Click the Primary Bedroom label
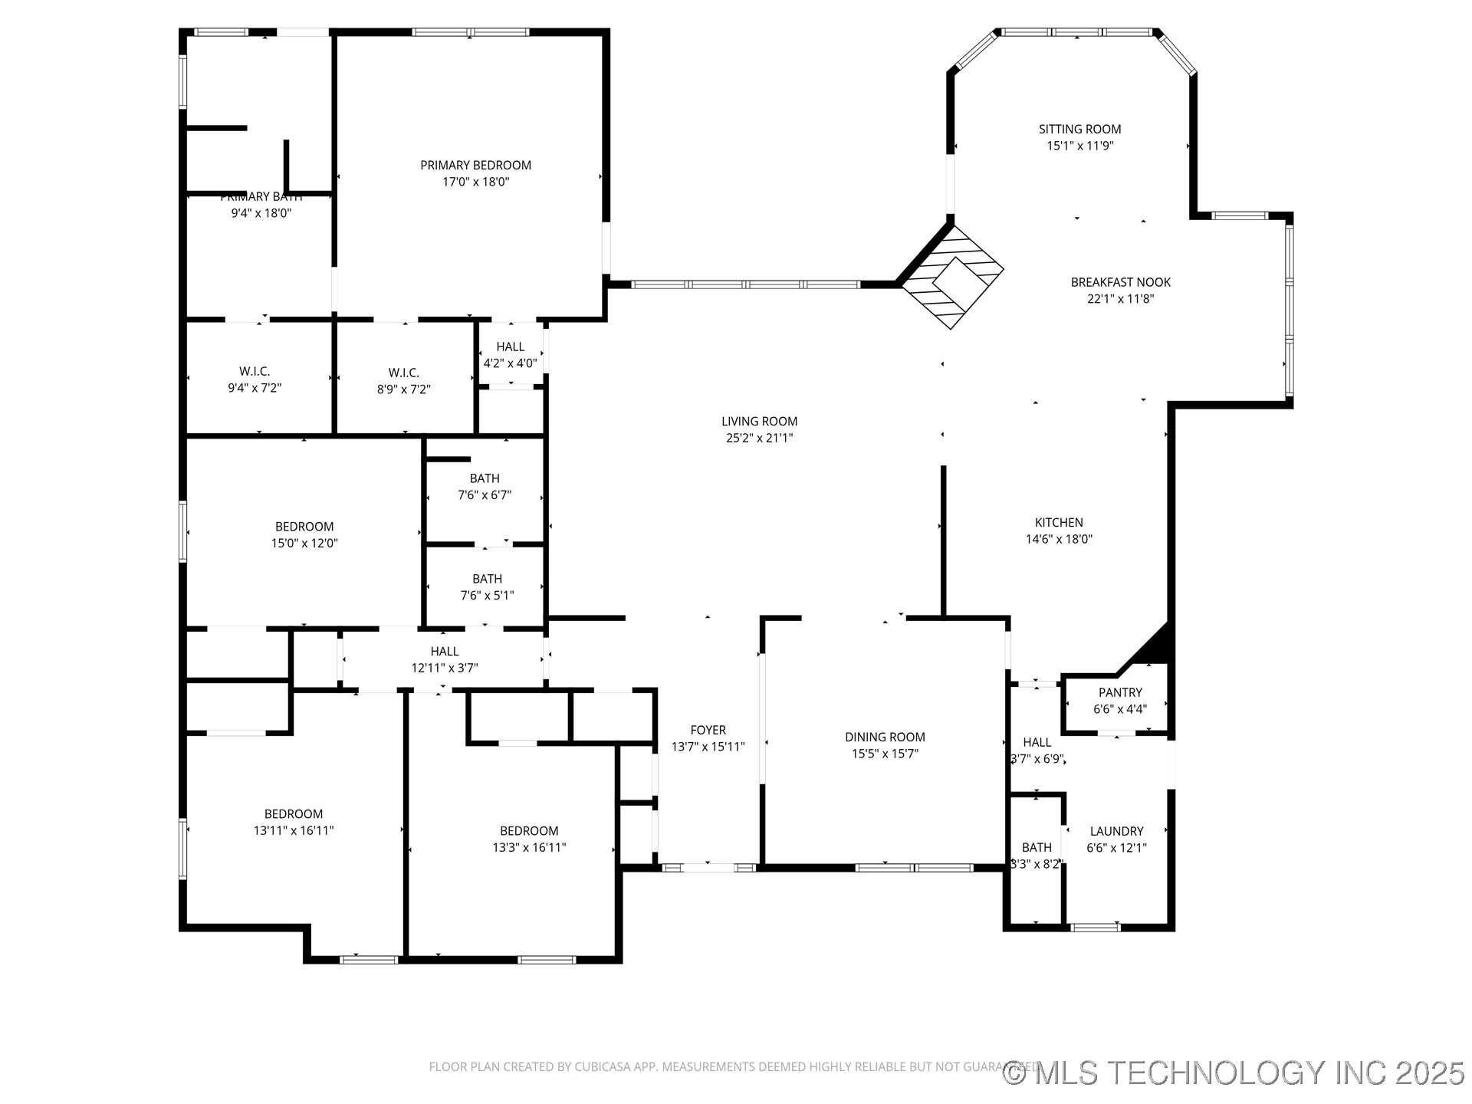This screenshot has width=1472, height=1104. [475, 166]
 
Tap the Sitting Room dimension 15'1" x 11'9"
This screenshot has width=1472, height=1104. [1079, 146]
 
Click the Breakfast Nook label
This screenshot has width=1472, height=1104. [1120, 282]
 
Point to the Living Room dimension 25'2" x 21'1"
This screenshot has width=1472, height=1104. [759, 438]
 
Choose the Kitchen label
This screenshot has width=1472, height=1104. [1059, 522]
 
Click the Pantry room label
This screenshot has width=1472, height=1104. [1119, 692]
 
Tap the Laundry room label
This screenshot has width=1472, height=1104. [1116, 831]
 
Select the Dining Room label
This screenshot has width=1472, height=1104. [885, 737]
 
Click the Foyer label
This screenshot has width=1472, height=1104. [708, 730]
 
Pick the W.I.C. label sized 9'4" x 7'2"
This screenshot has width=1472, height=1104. [255, 372]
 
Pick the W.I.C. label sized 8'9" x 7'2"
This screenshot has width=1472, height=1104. [403, 373]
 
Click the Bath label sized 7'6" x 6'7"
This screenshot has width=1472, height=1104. [485, 478]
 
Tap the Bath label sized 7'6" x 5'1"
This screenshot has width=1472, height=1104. [487, 579]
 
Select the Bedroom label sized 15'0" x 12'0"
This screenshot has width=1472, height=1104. [304, 527]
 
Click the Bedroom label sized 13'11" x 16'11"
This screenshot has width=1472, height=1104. [294, 814]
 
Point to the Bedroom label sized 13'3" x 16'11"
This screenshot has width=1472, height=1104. [529, 831]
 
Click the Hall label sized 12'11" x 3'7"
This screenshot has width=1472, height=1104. [445, 652]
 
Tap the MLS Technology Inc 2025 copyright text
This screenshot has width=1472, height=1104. [1234, 1073]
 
